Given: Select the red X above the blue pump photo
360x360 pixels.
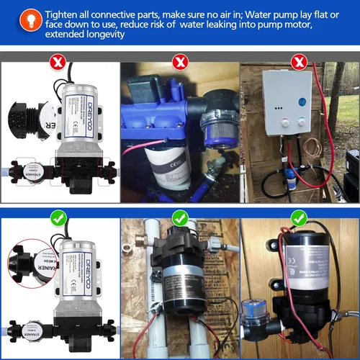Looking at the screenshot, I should tap(179, 62).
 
